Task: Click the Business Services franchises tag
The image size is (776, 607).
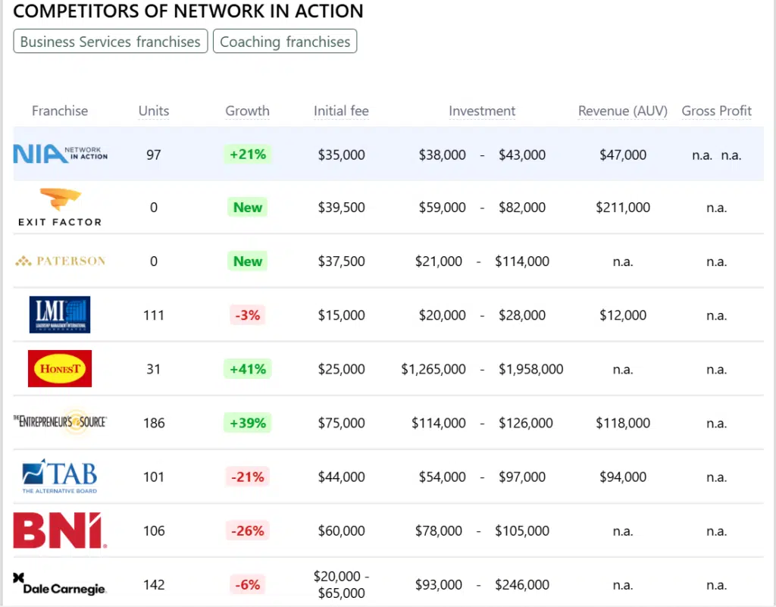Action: click(x=110, y=42)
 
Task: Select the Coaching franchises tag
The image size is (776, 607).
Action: click(x=285, y=42)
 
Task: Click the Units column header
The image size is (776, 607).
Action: click(x=154, y=111)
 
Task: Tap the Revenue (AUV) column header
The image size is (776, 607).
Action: click(x=622, y=111)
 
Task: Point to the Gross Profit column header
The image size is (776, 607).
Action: click(x=716, y=111)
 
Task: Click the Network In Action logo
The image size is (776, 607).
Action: click(x=61, y=155)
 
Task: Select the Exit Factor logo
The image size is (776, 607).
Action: click(x=60, y=208)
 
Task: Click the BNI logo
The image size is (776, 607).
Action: click(x=60, y=530)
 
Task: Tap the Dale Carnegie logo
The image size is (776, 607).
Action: click(x=60, y=584)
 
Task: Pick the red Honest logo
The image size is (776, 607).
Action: click(x=60, y=369)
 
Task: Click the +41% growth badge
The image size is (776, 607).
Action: click(x=248, y=369)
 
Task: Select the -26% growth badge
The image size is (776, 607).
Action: click(x=248, y=530)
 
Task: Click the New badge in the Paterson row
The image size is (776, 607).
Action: click(x=248, y=261)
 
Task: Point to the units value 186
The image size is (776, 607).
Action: click(x=154, y=423)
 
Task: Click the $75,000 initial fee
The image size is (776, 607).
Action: click(x=341, y=423)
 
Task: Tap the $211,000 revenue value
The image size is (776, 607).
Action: click(x=623, y=208)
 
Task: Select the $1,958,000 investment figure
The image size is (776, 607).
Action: click(x=530, y=369)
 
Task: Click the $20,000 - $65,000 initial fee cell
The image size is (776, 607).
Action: click(x=341, y=584)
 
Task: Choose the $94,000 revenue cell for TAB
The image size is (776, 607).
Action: click(x=623, y=477)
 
